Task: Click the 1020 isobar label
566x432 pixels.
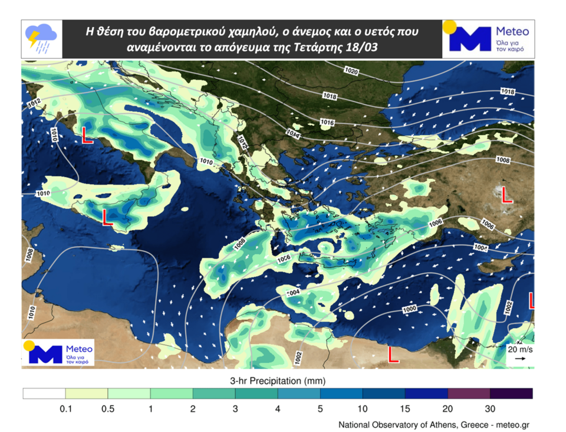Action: tap(351, 71)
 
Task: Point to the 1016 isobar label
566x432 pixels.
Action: tap(327, 123)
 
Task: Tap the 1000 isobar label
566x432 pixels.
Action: tap(410, 309)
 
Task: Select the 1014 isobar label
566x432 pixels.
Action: tap(294, 134)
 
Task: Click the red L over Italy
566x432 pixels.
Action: tap(87, 135)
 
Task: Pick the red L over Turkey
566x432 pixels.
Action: tap(506, 195)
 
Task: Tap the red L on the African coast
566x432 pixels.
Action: tap(393, 354)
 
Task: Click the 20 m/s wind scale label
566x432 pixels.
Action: tap(520, 349)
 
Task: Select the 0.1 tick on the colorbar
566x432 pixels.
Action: tap(65, 408)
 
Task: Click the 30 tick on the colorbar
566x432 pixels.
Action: tap(490, 408)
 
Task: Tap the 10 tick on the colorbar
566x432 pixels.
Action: tap(363, 408)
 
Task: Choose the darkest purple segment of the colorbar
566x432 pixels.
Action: tap(511, 394)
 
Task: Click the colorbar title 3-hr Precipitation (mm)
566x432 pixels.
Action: tap(278, 380)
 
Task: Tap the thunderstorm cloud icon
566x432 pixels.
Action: tap(41, 38)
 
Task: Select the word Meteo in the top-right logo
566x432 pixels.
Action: tap(512, 32)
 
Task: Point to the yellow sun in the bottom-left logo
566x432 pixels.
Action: tap(29, 345)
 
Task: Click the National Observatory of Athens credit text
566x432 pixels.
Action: tap(434, 425)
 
